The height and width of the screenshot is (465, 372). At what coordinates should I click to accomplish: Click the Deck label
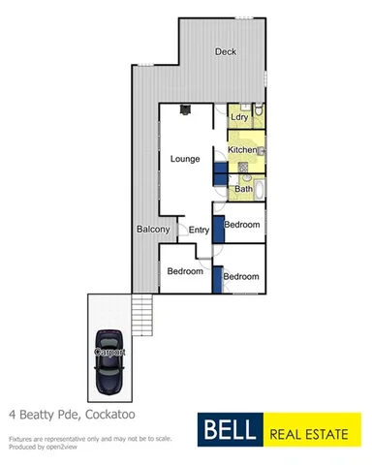(225, 52)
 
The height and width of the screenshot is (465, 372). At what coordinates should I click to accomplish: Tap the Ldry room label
(241, 117)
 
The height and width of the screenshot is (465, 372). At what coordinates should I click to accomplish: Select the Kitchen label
(242, 150)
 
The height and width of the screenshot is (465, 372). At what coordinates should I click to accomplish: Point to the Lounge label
(185, 157)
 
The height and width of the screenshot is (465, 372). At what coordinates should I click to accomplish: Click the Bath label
(243, 188)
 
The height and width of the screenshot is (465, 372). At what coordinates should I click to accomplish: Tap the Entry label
(199, 230)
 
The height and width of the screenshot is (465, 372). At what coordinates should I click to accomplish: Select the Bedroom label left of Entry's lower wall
(185, 271)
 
